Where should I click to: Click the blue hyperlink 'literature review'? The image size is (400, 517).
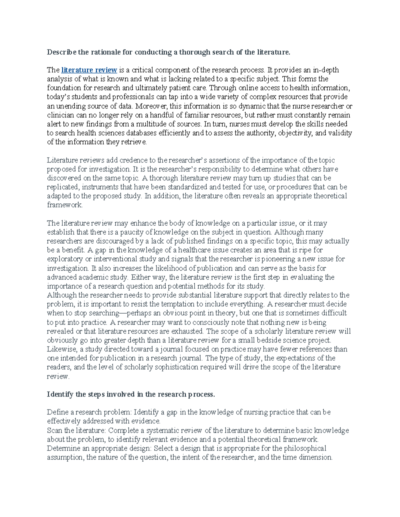point(89,70)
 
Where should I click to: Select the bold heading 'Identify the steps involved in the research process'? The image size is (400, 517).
point(131,394)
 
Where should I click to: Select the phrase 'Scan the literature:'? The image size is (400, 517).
point(76,430)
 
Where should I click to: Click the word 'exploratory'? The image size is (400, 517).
point(65,259)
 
